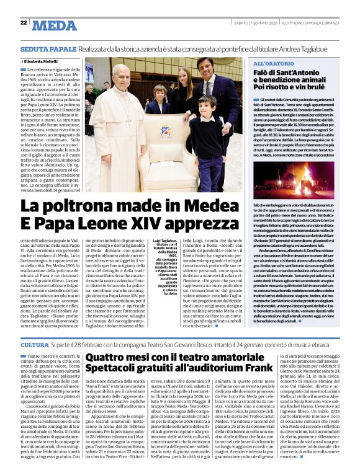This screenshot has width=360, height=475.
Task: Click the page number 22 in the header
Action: pos(23,22)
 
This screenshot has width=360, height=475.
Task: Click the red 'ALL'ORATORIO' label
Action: pos(276,64)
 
